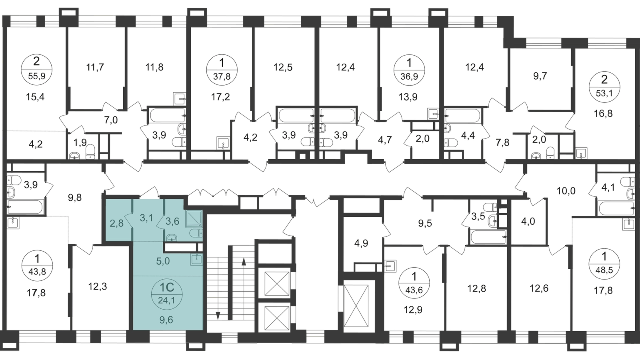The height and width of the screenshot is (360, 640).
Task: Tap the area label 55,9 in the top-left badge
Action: tap(37, 76)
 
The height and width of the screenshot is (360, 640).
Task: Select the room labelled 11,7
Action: tap(95, 67)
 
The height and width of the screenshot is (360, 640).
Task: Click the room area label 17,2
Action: tap(220, 97)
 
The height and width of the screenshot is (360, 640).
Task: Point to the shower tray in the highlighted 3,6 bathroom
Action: tap(194, 219)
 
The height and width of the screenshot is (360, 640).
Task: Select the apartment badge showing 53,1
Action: tap(604, 85)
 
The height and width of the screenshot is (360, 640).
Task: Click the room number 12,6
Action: tap(539, 288)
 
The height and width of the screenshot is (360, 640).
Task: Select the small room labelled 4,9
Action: tap(362, 243)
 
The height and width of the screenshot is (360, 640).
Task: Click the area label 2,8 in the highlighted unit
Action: tap(116, 222)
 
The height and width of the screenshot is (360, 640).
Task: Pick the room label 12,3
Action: tap(98, 286)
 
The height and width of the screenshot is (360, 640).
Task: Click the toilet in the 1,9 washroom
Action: tap(90, 152)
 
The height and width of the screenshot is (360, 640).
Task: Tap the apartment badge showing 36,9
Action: tap(410, 70)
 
